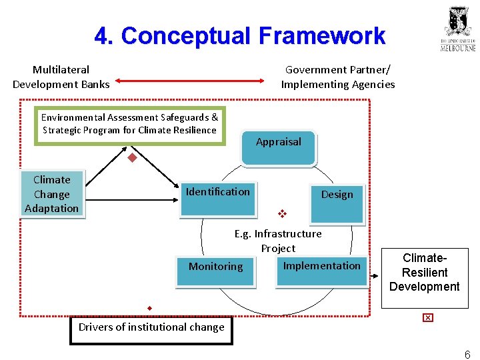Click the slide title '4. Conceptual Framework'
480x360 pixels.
coord(239,36)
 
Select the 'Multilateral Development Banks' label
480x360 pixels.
coord(61,77)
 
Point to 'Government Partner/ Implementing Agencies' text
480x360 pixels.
coord(337,77)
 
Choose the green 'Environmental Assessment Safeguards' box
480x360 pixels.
coord(130,125)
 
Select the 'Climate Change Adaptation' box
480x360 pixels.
coord(51,193)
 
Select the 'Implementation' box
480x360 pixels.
coord(321,269)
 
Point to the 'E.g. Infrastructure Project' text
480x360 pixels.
coord(278,241)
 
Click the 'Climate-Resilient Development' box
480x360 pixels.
coord(424,272)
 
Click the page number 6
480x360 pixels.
coord(467,355)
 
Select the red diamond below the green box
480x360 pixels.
coord(132,158)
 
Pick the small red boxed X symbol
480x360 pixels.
coord(427,317)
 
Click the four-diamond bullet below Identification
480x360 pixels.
coord(282,215)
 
